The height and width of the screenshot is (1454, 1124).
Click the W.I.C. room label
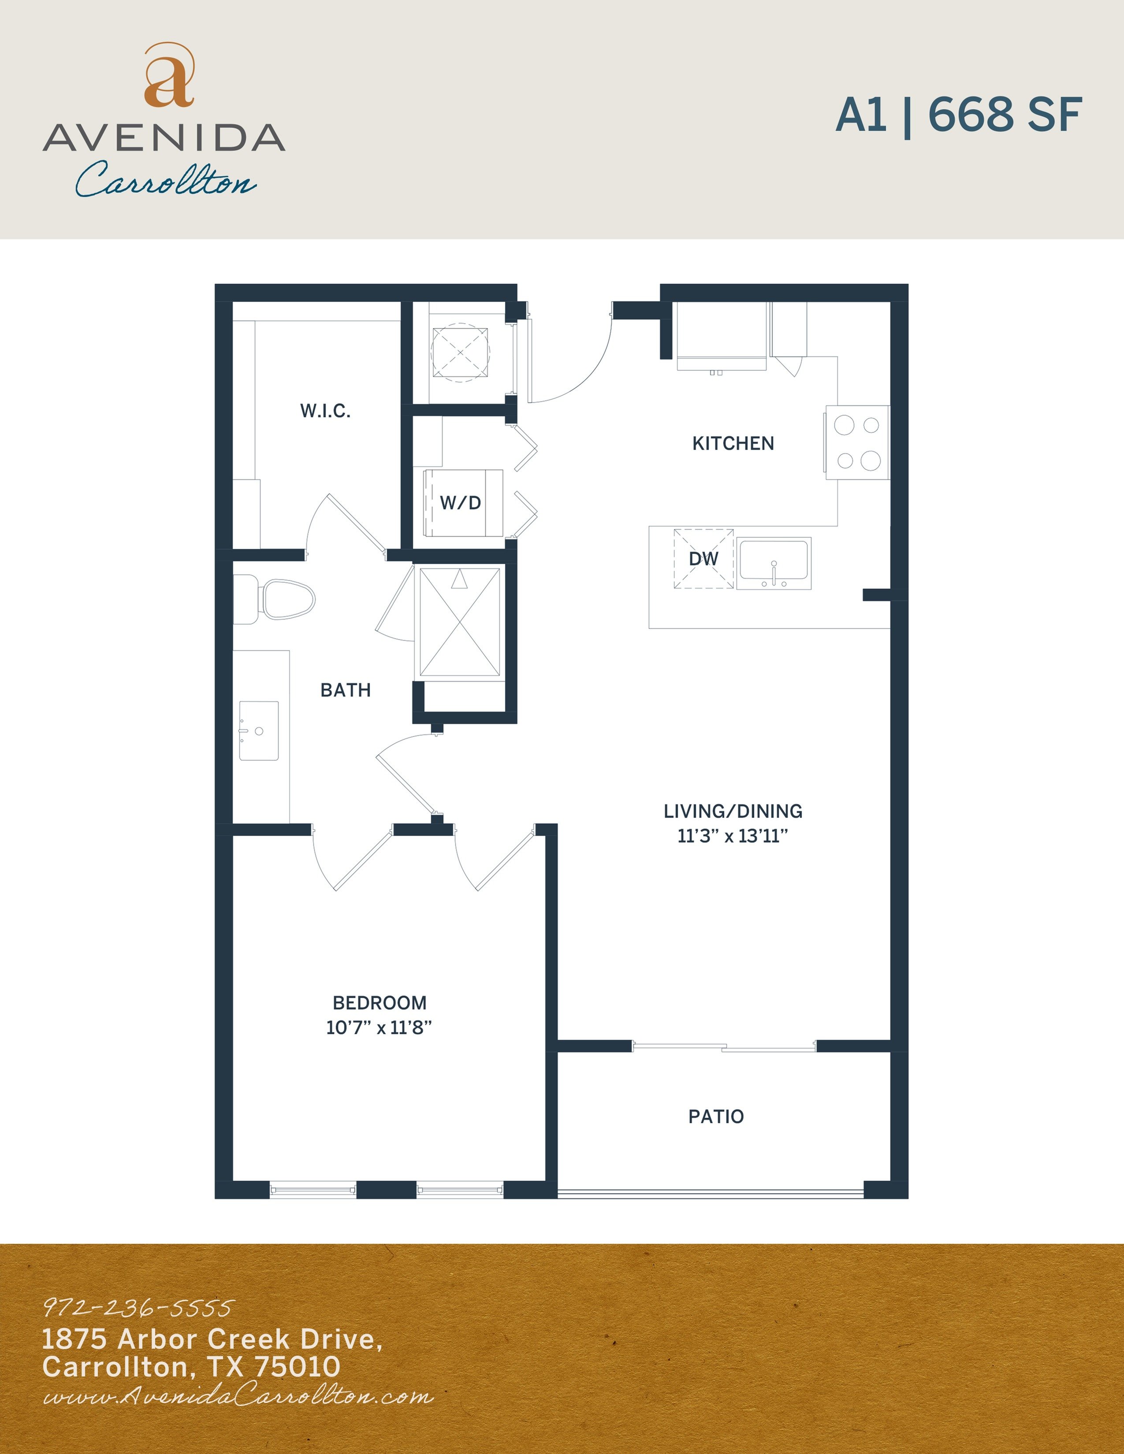pyautogui.click(x=325, y=411)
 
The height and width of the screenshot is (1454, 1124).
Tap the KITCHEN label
pyautogui.click(x=733, y=443)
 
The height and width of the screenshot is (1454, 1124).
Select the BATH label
pyautogui.click(x=345, y=690)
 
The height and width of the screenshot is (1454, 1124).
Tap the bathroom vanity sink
pyautogui.click(x=258, y=731)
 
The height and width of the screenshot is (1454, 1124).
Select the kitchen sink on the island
pyautogui.click(x=774, y=563)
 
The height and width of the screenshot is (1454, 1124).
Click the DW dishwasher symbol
pyautogui.click(x=703, y=559)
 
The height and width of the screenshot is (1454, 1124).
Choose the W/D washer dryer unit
pyautogui.click(x=463, y=503)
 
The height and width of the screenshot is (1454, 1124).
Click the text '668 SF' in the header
pyautogui.click(x=1004, y=115)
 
